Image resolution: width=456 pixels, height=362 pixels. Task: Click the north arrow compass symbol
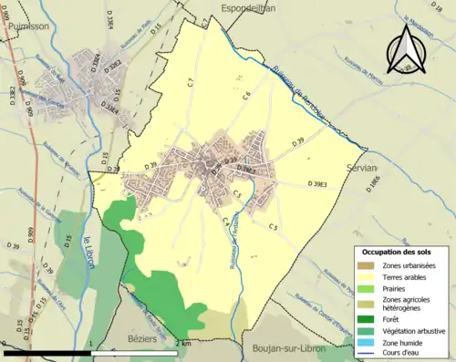click(x=405, y=51)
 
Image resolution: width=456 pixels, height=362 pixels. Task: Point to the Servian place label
click(x=362, y=167)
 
